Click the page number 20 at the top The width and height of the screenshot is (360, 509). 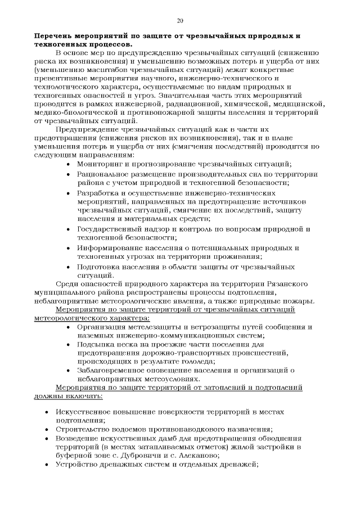[x=180, y=21]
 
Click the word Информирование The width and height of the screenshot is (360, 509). [x=109, y=248]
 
